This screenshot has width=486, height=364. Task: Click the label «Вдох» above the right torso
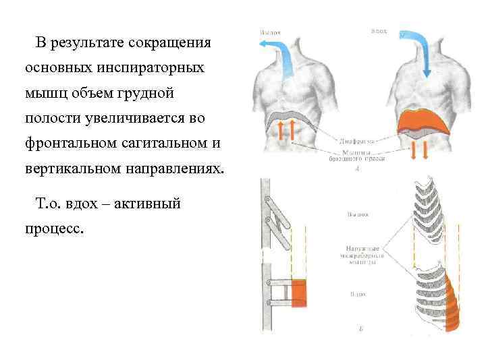[379, 31]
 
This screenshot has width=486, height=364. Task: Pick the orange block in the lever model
[298, 293]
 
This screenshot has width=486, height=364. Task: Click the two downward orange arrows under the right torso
[420, 150]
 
